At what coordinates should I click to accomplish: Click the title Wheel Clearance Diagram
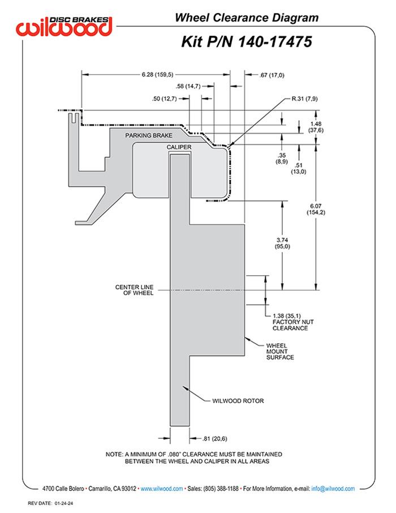[246, 18]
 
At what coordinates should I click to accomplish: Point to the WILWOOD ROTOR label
[238, 401]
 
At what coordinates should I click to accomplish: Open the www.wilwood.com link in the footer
[161, 488]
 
